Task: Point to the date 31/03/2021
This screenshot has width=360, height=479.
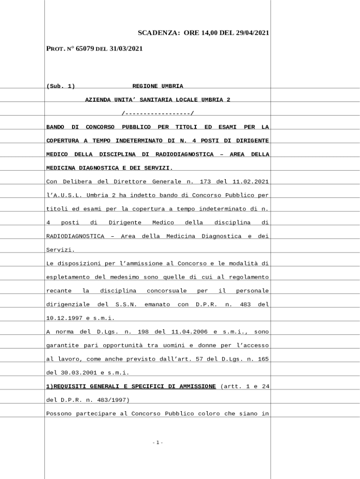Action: [126, 48]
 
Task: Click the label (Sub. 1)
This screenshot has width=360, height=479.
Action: [60, 86]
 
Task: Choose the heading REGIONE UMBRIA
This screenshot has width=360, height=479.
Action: [158, 86]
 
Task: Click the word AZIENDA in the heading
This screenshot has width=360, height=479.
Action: [98, 100]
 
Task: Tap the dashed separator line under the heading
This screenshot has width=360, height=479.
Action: [158, 113]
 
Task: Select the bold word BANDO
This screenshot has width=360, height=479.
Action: [55, 127]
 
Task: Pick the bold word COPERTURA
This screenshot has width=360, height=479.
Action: [62, 140]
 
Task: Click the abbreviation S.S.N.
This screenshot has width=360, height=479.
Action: [126, 305]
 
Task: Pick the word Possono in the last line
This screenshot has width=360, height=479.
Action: [58, 414]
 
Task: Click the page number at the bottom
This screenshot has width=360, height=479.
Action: [158, 443]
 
